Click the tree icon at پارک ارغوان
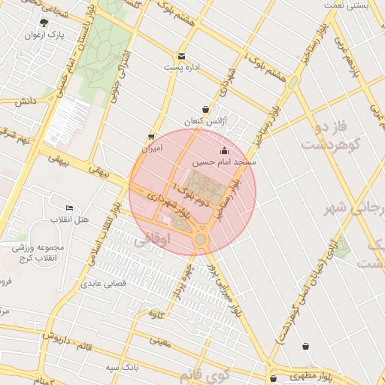click(44, 23)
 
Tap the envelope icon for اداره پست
click(181, 56)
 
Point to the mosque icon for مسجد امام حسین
click(223, 150)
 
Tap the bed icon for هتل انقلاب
click(70, 208)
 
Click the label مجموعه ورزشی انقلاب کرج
click(38, 252)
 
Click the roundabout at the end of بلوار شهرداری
click(201, 239)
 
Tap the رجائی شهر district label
click(349, 208)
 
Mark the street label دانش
click(24, 101)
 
